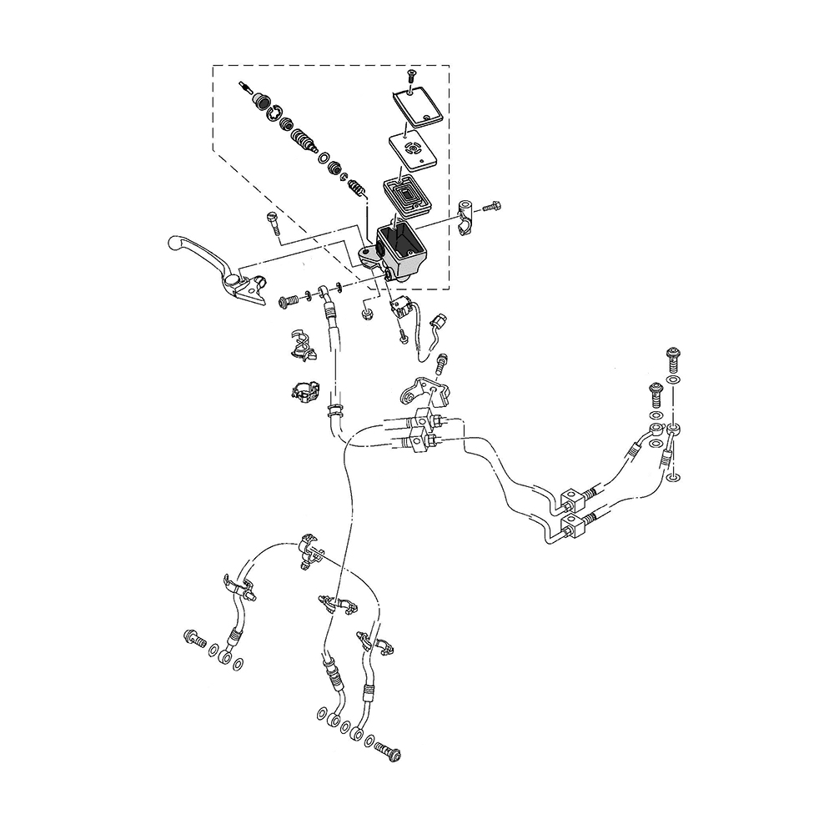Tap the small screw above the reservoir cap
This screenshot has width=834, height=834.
pyautogui.click(x=411, y=79)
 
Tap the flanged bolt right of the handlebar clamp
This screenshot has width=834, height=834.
pyautogui.click(x=493, y=205)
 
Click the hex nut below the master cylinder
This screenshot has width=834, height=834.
pyautogui.click(x=366, y=314)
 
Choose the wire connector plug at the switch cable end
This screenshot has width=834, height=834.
pyautogui.click(x=440, y=320)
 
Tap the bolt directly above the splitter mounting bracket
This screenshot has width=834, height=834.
pyautogui.click(x=443, y=363)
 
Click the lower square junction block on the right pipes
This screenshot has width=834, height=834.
pyautogui.click(x=573, y=526)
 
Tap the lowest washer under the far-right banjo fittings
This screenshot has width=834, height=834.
pyautogui.click(x=674, y=478)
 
